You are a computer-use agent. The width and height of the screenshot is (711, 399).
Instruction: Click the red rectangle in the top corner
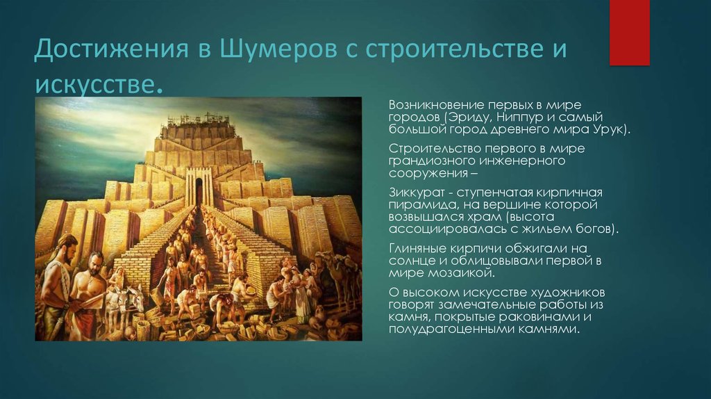click(x=629, y=33)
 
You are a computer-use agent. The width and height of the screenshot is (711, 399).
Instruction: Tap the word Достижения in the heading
click(x=111, y=49)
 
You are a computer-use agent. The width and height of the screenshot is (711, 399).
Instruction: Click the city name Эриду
click(x=469, y=117)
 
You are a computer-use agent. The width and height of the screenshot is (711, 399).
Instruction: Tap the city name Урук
click(x=611, y=129)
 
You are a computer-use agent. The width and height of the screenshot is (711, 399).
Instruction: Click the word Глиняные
click(x=417, y=249)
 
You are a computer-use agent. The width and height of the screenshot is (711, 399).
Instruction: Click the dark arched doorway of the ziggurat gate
click(x=199, y=190)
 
